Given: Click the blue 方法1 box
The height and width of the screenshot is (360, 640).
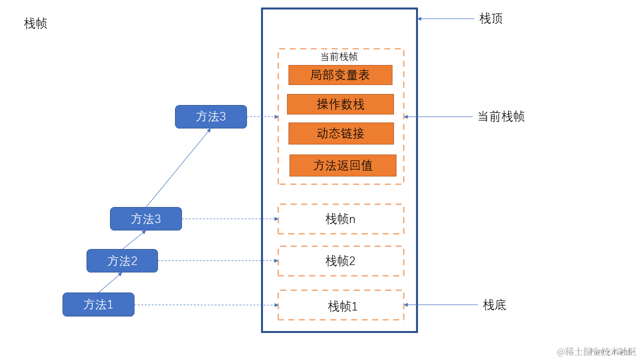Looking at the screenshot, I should tap(98, 304).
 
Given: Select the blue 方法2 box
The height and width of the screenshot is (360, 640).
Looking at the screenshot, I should tap(122, 260).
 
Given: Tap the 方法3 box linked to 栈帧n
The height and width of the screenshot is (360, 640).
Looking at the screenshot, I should tap(146, 218).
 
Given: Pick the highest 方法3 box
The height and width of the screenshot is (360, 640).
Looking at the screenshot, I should tap(210, 116).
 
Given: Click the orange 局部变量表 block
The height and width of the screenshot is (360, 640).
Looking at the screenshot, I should tap(340, 75).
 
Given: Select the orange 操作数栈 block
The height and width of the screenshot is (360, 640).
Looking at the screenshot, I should tap(340, 104).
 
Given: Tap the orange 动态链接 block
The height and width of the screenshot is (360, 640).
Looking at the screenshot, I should tap(341, 133).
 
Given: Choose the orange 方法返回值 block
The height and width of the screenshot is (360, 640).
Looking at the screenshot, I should tap(342, 165).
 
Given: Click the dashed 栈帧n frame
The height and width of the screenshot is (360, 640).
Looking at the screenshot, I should tap(340, 219).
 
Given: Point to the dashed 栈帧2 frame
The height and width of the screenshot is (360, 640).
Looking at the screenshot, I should tap(340, 260).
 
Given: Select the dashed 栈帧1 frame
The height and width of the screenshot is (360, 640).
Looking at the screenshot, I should tap(340, 305).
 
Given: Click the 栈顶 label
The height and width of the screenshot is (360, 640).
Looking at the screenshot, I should tap(490, 18).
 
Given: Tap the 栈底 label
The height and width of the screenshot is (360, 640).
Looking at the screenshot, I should tap(494, 304).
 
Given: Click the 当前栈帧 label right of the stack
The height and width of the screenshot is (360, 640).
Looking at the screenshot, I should tap(501, 116).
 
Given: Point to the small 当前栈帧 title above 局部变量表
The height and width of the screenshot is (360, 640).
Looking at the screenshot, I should tap(339, 56).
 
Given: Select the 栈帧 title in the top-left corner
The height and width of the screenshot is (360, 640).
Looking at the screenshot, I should tap(35, 23).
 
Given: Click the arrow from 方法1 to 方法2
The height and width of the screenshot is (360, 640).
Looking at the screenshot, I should tap(110, 282).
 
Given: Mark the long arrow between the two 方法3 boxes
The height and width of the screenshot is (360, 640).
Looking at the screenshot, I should tap(178, 168).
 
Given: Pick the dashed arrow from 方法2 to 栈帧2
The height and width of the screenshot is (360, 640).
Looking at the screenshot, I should tap(218, 260).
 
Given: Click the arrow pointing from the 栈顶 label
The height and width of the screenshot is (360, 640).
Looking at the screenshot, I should tap(446, 18).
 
